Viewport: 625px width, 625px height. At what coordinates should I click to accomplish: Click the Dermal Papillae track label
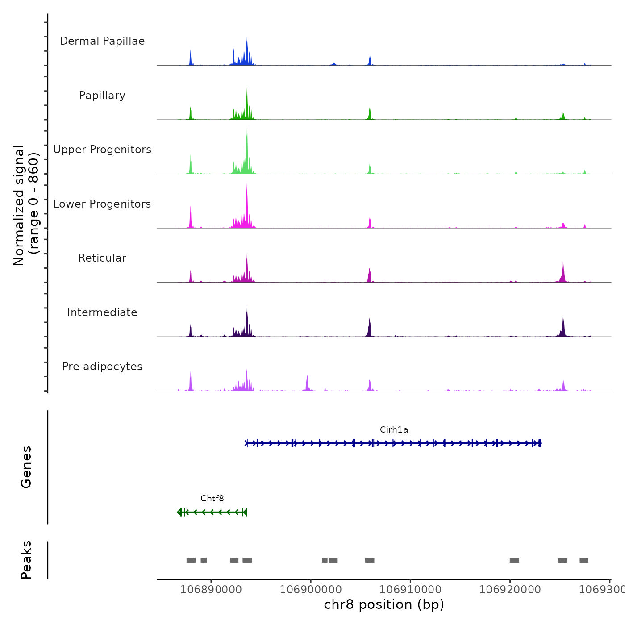tap(102, 41)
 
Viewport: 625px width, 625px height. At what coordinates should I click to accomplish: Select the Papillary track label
tap(102, 96)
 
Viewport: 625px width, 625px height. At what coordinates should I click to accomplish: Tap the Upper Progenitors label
tap(102, 150)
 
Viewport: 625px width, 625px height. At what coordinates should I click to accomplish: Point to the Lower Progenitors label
tap(102, 204)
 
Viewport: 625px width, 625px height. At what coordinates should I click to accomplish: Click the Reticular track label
tap(102, 258)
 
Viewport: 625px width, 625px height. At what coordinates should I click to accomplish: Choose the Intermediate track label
tap(102, 312)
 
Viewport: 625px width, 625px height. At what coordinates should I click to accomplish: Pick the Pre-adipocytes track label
tap(102, 367)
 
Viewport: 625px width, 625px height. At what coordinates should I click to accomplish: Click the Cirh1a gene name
tap(394, 430)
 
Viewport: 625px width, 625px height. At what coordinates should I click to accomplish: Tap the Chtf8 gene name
tap(212, 499)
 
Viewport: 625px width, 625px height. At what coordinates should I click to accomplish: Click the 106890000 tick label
tap(211, 590)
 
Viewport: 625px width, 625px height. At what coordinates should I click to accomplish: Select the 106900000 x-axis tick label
tap(311, 590)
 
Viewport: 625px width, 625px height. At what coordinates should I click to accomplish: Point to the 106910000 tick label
tap(410, 590)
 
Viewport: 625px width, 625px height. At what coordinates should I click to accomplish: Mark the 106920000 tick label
tap(510, 590)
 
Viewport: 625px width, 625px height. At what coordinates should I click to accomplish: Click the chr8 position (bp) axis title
tap(384, 605)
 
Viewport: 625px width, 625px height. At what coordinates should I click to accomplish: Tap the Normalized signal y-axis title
tap(26, 205)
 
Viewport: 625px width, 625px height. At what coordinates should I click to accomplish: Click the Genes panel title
tap(26, 467)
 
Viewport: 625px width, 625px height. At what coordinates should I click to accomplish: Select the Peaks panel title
tap(26, 560)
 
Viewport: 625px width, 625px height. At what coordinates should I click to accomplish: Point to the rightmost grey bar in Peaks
tap(584, 560)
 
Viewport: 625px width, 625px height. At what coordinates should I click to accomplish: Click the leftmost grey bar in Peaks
tap(191, 560)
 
